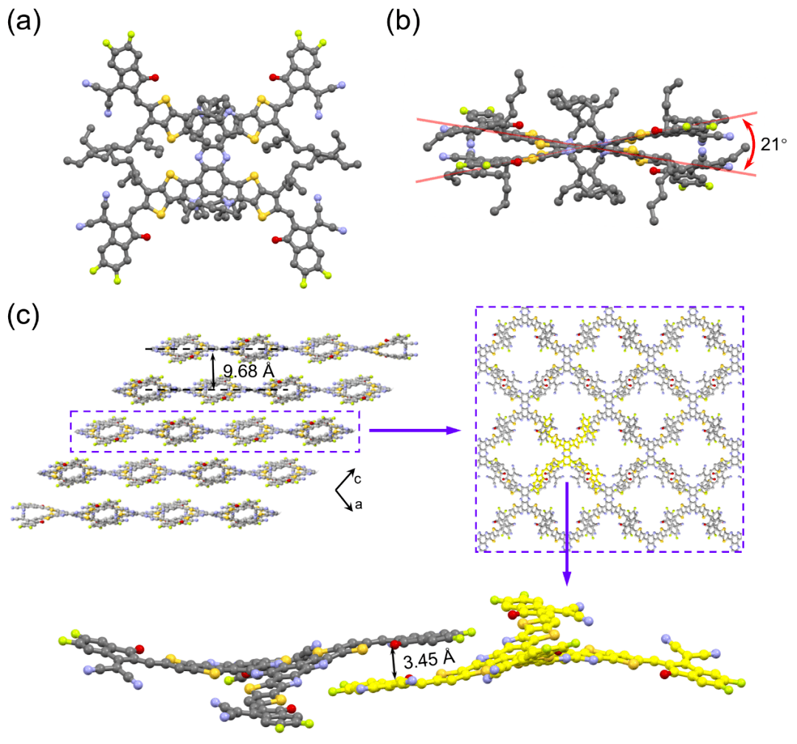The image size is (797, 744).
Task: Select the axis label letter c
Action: (357, 480)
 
